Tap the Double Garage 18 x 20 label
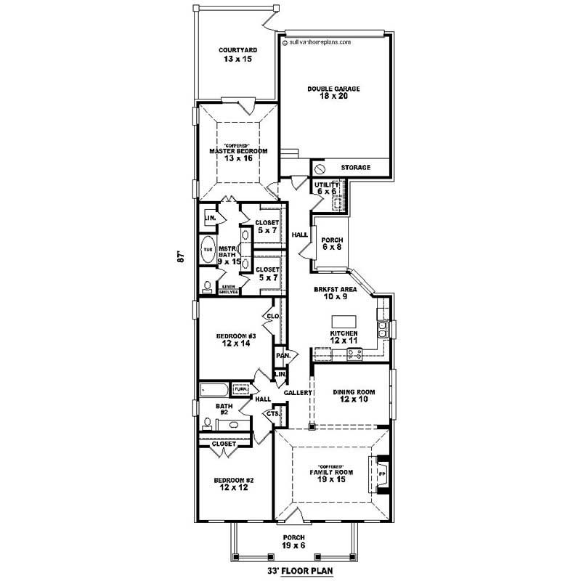pos(333,92)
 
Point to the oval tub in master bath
pos(208,248)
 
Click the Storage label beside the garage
pos(356,168)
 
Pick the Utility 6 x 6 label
pos(327,188)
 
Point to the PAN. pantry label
pos(282,356)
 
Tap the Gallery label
pos(298,393)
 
